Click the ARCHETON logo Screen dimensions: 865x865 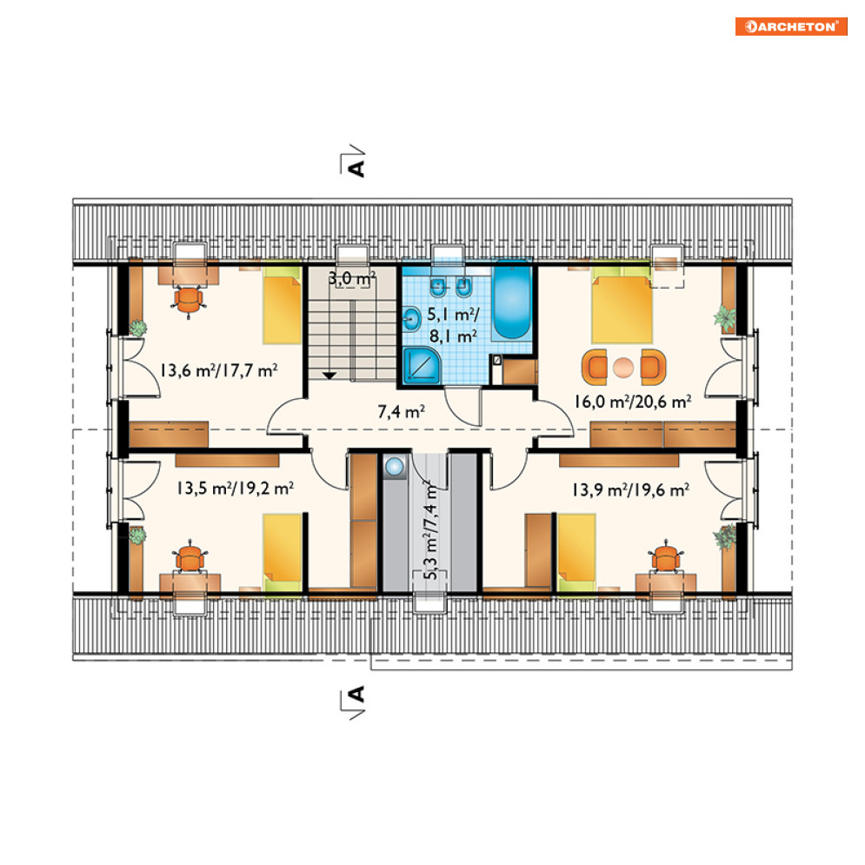pyautogui.click(x=791, y=26)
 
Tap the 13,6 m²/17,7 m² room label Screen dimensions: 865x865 pyautogui.click(x=218, y=370)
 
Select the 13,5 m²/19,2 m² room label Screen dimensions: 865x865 pyautogui.click(x=235, y=489)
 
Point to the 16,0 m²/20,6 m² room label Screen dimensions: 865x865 pyautogui.click(x=632, y=402)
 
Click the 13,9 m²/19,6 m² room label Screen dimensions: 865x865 pyautogui.click(x=630, y=489)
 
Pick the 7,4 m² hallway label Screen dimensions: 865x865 pyautogui.click(x=401, y=411)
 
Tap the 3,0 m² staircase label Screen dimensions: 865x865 pyautogui.click(x=352, y=278)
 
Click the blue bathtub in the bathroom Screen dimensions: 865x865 pyautogui.click(x=511, y=301)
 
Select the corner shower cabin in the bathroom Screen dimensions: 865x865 pyautogui.click(x=422, y=366)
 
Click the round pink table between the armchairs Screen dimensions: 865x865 pyautogui.click(x=623, y=368)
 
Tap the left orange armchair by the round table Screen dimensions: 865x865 pyautogui.click(x=595, y=367)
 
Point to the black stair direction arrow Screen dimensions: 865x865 pyautogui.click(x=329, y=376)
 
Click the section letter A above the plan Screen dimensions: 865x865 pyautogui.click(x=357, y=168)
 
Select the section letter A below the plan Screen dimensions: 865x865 pyautogui.click(x=357, y=694)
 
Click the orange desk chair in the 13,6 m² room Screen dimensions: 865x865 pyautogui.click(x=189, y=301)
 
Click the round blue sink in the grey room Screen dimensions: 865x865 pyautogui.click(x=395, y=467)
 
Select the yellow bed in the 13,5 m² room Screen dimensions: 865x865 pyautogui.click(x=282, y=553)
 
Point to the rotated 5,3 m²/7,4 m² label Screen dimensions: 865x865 pyautogui.click(x=431, y=530)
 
